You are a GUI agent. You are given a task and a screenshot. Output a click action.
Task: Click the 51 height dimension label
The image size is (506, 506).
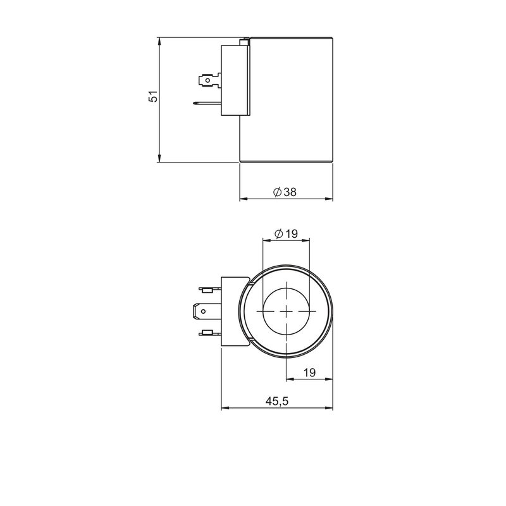153,96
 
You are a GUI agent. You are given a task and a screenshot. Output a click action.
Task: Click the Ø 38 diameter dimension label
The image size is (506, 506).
285,192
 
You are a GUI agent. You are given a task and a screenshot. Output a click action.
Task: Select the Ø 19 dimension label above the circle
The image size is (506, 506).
287,233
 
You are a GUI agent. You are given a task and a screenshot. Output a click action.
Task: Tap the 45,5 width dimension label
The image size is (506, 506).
277,401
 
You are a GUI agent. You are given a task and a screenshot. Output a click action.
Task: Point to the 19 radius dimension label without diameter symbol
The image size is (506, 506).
309,373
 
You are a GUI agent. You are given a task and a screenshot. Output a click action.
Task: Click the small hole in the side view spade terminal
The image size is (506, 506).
208,80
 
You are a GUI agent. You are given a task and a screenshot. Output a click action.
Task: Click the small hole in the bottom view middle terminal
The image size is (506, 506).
203,311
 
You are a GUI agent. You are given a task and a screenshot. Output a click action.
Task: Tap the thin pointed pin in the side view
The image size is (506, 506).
207,104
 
